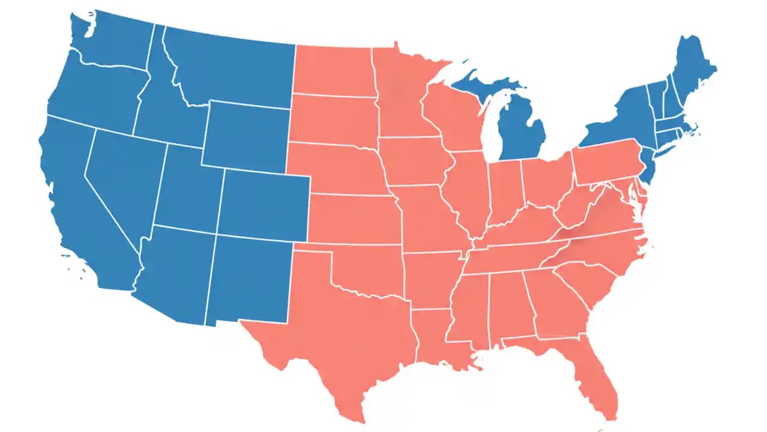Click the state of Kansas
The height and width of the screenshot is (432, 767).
click(x=354, y=219)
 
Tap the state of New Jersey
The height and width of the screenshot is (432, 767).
click(x=647, y=165)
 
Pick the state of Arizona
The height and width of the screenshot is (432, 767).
click(x=174, y=273)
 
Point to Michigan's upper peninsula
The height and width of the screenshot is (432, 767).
click(x=479, y=84)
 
